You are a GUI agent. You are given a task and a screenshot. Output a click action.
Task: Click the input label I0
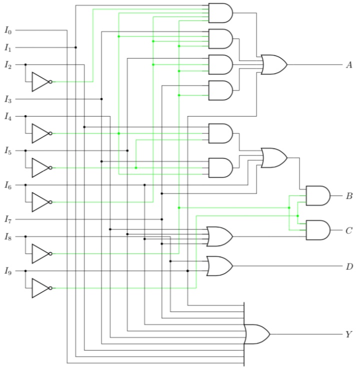point(8,30)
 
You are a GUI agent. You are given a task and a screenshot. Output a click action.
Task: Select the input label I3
point(8,99)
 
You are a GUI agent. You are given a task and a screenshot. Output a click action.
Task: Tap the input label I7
point(8,219)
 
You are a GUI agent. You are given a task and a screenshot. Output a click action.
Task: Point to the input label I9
point(8,271)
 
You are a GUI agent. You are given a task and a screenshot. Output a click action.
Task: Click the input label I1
point(8,48)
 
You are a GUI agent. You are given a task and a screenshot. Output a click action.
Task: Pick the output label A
point(348,65)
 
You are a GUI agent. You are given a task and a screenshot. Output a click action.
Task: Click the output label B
point(349,195)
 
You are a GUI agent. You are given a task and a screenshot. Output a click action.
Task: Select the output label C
point(349,230)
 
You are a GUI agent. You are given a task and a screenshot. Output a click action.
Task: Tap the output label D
point(349,266)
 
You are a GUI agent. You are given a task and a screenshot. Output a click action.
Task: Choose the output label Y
point(348,334)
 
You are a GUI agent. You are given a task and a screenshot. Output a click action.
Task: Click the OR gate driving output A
point(273,65)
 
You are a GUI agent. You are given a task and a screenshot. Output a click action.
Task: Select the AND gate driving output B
point(317,195)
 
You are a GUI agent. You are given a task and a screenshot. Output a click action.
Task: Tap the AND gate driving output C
point(317,230)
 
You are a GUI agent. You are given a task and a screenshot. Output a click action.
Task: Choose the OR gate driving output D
point(219,266)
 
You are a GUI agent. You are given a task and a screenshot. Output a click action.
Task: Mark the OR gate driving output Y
point(256,334)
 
